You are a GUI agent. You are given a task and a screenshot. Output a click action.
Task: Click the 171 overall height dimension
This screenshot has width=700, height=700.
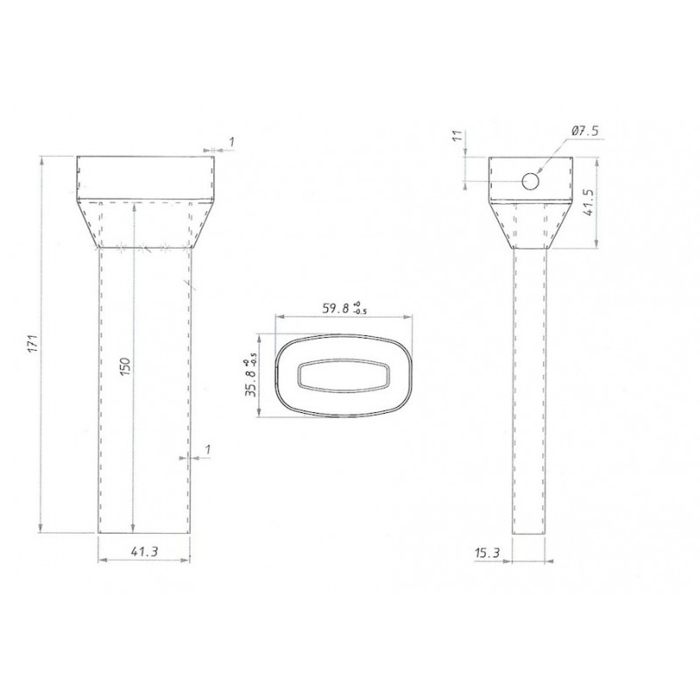(34, 343)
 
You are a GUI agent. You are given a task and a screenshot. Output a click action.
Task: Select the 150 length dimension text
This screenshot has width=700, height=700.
(125, 366)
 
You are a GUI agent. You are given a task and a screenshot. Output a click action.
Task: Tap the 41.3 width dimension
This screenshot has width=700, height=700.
(144, 551)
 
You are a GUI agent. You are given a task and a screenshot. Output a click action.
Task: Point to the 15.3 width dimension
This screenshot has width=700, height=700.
(486, 554)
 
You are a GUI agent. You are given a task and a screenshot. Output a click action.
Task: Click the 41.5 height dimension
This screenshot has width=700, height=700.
(588, 202)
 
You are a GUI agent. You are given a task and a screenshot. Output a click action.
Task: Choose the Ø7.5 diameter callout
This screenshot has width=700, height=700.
(584, 130)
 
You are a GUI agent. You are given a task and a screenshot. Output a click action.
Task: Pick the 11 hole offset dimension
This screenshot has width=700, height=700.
(456, 136)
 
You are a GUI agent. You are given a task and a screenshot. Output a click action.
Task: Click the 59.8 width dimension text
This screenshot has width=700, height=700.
(336, 309)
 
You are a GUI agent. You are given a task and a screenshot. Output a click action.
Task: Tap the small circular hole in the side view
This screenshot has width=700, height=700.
(530, 181)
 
